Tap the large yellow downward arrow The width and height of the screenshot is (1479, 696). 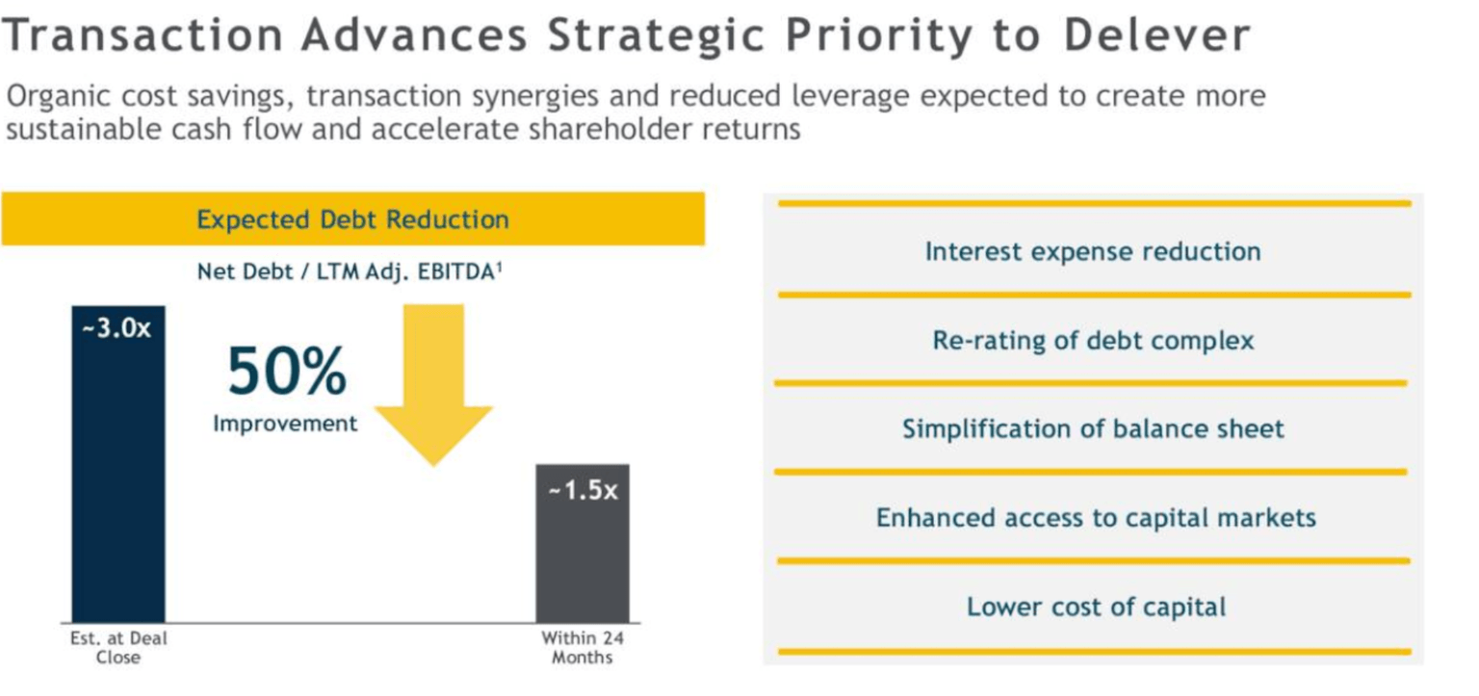(x=433, y=385)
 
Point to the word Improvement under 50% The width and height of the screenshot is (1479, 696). (x=285, y=424)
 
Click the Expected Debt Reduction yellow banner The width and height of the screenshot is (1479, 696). (x=352, y=219)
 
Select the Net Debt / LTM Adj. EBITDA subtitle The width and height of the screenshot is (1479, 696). (x=350, y=271)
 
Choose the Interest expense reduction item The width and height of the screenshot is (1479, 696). (x=1093, y=251)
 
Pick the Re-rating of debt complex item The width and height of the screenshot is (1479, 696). (x=1093, y=341)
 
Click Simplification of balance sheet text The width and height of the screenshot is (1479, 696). (x=1093, y=428)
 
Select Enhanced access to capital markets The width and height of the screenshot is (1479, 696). (x=1095, y=518)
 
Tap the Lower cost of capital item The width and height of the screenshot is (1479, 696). (x=1096, y=607)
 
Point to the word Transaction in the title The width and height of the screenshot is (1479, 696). (x=143, y=37)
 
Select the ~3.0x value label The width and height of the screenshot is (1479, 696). (x=117, y=328)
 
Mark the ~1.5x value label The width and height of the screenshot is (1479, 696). (x=582, y=490)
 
